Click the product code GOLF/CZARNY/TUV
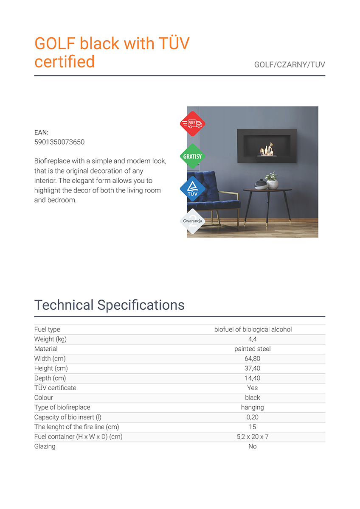[290, 65]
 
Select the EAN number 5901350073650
[59, 142]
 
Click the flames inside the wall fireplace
[266, 149]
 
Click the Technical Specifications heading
[110, 305]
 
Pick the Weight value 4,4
[253, 339]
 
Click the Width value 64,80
[253, 359]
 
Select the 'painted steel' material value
[253, 349]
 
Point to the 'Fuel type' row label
[47, 330]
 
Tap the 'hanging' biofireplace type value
[253, 408]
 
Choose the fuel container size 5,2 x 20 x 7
[253, 437]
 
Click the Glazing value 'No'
[253, 447]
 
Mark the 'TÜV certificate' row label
[55, 388]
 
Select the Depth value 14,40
[253, 378]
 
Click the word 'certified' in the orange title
[65, 62]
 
